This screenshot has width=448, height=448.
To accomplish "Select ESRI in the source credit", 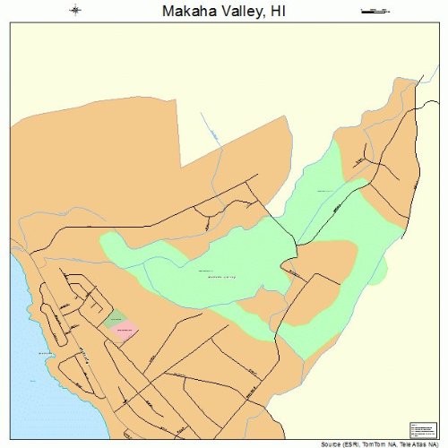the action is [351, 444].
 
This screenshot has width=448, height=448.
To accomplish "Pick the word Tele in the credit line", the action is [402, 444].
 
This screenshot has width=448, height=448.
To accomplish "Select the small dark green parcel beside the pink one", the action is [115, 318].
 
